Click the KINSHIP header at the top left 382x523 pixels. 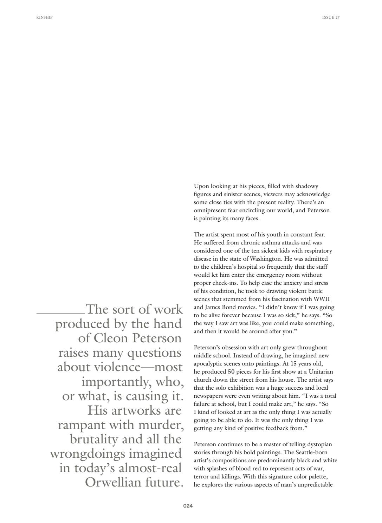[44, 17]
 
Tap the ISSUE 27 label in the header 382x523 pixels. [331, 17]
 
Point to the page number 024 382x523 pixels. [188, 506]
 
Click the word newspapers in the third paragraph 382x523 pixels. [208, 396]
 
